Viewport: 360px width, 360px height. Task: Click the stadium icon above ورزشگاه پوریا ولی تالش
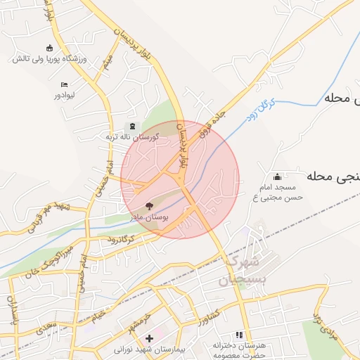49,48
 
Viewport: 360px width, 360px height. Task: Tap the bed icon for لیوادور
64,84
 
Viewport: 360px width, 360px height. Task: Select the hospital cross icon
149,338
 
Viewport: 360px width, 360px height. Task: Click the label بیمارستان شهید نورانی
149,349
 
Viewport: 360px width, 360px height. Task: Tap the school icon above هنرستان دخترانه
240,335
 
